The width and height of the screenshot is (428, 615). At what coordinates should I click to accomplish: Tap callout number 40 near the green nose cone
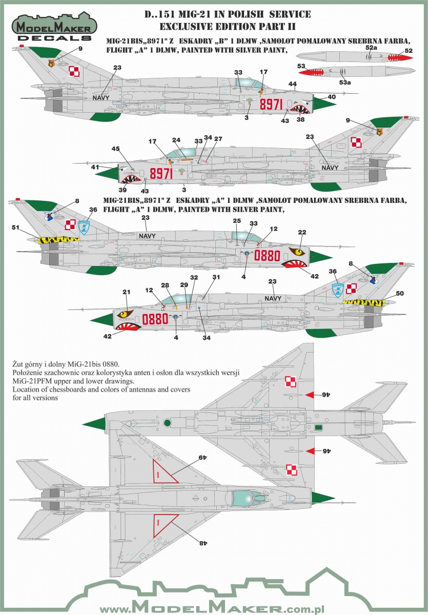coord(332,96)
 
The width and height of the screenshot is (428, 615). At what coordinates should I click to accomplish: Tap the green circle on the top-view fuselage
coord(167,423)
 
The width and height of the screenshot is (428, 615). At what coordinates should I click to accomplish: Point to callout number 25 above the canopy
coord(236,220)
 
